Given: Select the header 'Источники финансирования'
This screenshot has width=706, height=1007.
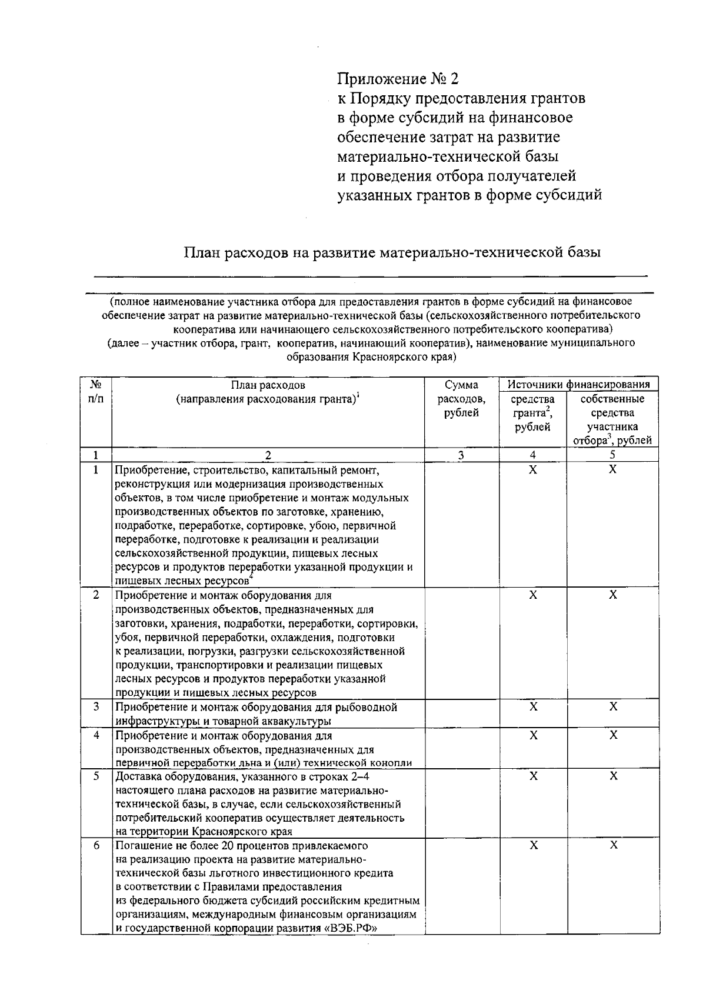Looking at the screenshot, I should click(x=578, y=385).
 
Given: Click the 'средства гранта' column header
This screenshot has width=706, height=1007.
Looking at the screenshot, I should click(x=532, y=413).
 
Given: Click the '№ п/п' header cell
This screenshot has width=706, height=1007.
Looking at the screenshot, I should click(x=96, y=392).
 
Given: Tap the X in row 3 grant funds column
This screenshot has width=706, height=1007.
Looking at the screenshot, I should click(x=533, y=706).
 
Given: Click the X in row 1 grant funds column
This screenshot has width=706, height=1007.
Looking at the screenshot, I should click(x=533, y=469).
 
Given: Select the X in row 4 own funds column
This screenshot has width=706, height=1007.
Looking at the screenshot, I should click(x=613, y=735).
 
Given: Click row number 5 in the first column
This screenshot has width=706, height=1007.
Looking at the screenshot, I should click(x=96, y=776).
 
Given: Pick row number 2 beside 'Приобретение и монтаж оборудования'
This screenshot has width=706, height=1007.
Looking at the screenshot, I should click(x=96, y=595).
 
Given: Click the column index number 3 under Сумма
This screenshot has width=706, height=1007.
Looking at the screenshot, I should click(x=461, y=455).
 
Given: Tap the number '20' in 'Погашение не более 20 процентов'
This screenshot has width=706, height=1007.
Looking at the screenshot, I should click(x=228, y=846).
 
